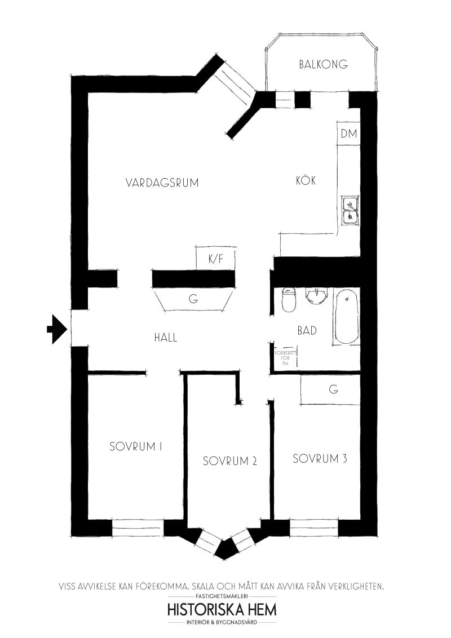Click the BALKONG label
coord(323,64)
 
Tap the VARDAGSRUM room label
coord(162,183)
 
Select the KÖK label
coord(306,180)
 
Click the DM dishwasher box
coord(349,133)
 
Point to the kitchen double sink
coord(350,210)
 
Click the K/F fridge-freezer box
coord(216,258)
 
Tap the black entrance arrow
coord(56,329)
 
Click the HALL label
coord(166,337)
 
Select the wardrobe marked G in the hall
coord(194,299)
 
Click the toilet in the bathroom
coord(289,299)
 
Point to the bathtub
coord(347,317)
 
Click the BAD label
coord(307,330)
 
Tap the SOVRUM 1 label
coord(136,446)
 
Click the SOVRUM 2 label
coord(230,461)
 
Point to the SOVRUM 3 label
coord(320,459)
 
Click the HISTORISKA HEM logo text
coord(222,609)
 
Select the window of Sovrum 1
coord(138,528)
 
